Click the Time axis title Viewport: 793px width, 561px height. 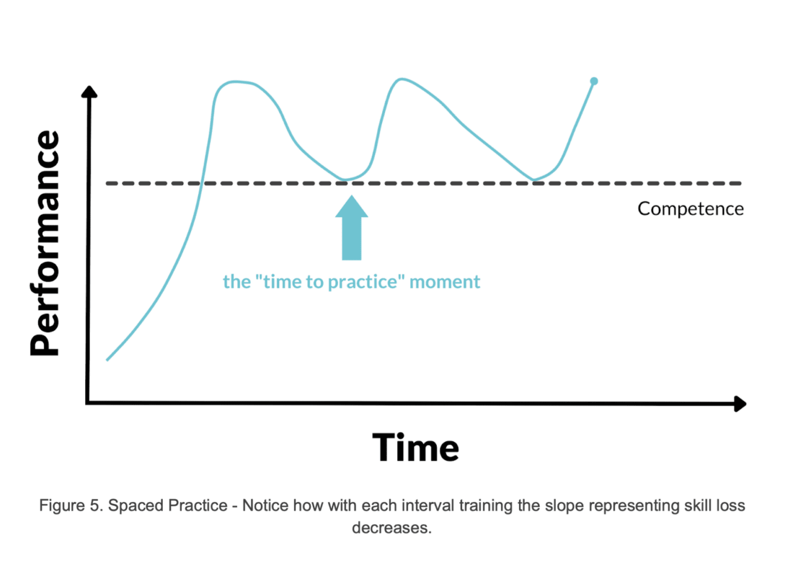point(416,447)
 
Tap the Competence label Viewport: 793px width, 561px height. point(690,209)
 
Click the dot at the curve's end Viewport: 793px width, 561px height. point(594,81)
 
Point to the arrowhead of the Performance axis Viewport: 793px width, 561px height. point(89,92)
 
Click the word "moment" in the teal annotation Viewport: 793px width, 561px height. point(445,282)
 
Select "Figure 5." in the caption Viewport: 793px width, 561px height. point(71,505)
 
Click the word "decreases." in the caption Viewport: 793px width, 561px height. point(392,528)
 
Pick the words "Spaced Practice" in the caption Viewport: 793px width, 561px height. point(168,505)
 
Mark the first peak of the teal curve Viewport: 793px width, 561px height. point(236,82)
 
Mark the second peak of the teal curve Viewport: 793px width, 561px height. point(401,79)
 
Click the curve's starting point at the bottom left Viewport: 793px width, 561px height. point(107,360)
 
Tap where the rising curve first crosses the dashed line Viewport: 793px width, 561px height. point(202,183)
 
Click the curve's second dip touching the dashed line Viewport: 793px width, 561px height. point(534,181)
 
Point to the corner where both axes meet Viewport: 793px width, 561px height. point(88,402)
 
